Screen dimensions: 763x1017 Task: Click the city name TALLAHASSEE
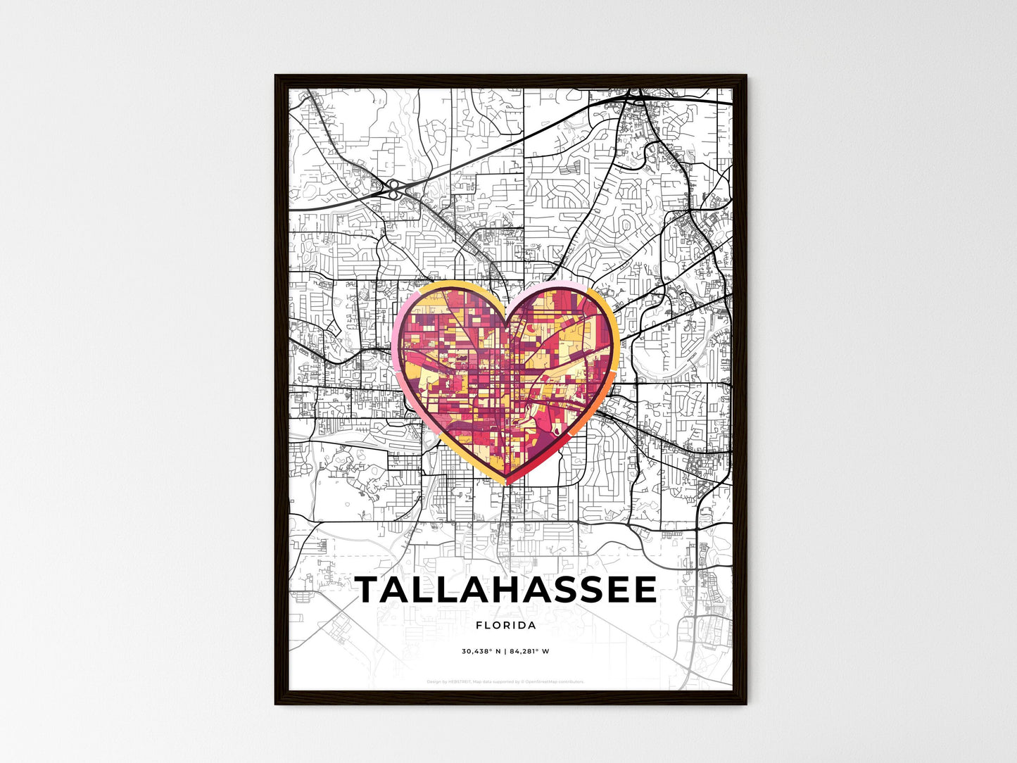click(x=506, y=591)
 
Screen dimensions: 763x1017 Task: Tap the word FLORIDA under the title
click(x=506, y=625)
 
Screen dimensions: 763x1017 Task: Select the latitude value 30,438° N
click(x=481, y=652)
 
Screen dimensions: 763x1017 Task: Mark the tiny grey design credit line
click(x=506, y=682)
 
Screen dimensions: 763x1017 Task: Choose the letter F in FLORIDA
click(x=479, y=625)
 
